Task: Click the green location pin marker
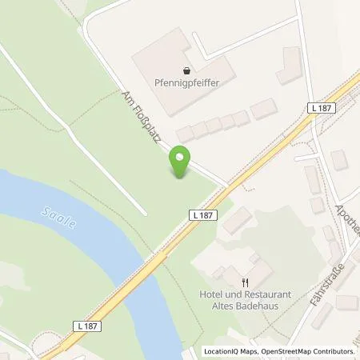coord(181,162)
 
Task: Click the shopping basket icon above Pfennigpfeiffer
coord(186,70)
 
